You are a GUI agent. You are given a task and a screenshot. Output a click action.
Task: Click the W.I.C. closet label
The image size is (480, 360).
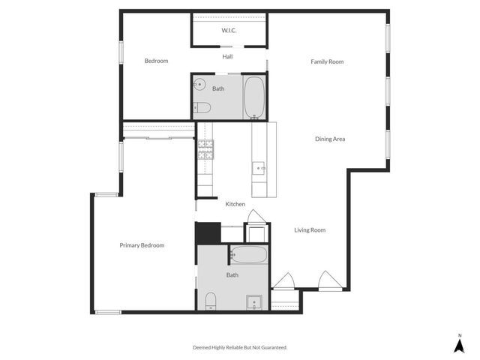coord(229,31)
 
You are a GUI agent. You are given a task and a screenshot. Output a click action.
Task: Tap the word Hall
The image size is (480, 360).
coord(228,56)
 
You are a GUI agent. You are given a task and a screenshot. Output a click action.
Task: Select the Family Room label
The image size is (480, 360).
coord(327,61)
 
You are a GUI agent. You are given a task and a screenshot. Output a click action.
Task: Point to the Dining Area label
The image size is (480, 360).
coord(330,139)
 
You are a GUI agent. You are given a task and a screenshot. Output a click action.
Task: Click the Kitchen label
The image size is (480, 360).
coord(235,204)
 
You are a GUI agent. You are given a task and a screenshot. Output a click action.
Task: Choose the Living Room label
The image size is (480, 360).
coord(310,230)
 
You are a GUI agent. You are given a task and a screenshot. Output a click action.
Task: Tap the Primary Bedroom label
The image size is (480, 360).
coord(142,245)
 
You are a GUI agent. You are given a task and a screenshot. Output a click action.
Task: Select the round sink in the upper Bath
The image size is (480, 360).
coord(199,85)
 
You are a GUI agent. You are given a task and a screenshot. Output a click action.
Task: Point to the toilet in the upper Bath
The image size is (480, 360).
coord(202,108)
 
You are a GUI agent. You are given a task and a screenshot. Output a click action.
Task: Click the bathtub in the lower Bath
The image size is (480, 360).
coord(247,255)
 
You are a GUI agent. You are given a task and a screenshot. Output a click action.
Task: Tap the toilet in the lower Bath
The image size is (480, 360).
coord(210,302)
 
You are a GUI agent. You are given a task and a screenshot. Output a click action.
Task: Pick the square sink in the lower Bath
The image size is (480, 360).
coord(255,302)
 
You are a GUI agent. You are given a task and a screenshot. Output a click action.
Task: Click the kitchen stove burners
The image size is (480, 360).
coord(205,150)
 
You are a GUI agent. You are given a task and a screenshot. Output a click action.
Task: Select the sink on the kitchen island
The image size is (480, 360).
coord(259,168)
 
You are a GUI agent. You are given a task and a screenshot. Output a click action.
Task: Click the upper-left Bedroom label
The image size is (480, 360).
coord(156,61)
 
